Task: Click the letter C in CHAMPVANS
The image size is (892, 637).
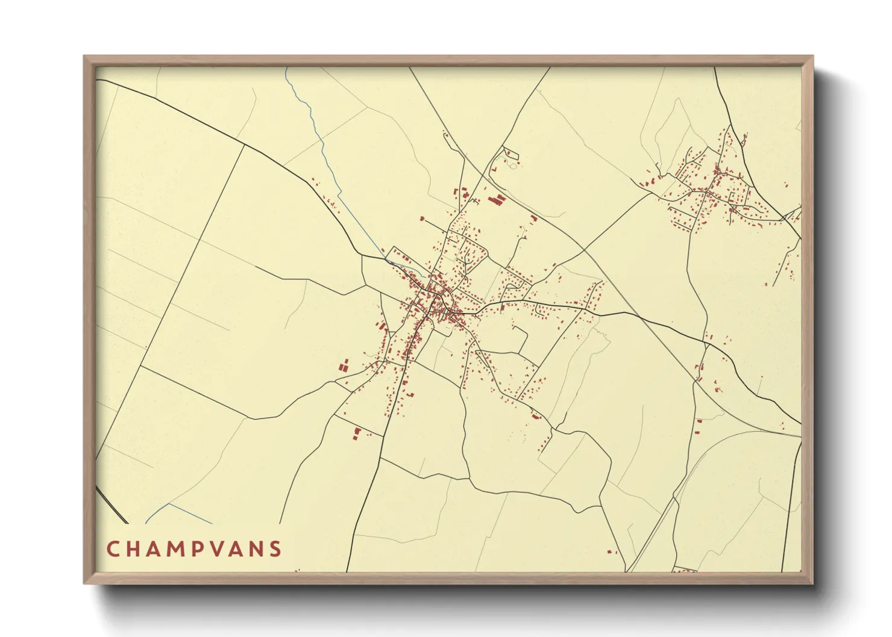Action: coord(113,549)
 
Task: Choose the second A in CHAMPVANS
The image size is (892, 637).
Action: coord(240,549)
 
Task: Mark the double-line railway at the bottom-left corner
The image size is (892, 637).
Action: coord(111,505)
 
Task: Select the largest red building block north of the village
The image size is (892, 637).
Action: coord(495,199)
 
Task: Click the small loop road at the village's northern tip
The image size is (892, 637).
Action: coord(510,154)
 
